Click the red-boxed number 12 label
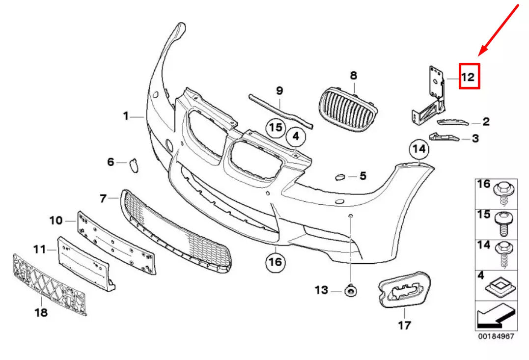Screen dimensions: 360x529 coord(469,77)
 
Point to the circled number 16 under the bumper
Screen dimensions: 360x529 coord(276,263)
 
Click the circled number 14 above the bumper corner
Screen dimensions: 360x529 coord(419,148)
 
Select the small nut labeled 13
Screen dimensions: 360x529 coord(351,291)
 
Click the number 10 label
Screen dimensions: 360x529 coord(56,221)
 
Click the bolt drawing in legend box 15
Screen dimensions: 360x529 coord(502,223)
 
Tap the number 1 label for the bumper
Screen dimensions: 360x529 coord(126,116)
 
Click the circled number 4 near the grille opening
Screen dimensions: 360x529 coord(296,135)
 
